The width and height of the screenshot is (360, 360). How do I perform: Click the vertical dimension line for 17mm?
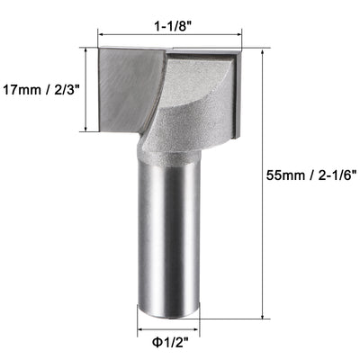tap(86, 89)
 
